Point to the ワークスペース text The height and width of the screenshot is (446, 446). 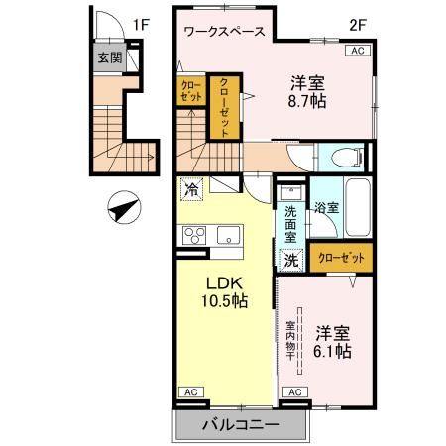click(x=223, y=31)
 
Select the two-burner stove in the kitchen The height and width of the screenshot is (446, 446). click(x=191, y=235)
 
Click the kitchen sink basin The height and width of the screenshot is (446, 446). click(x=229, y=236)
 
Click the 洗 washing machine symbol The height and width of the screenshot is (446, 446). click(x=291, y=260)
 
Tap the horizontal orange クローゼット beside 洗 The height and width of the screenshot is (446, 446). click(x=341, y=258)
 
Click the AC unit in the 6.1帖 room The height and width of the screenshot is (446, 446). click(x=295, y=392)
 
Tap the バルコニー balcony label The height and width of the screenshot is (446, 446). click(x=242, y=424)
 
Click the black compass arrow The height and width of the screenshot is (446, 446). click(x=123, y=209)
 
